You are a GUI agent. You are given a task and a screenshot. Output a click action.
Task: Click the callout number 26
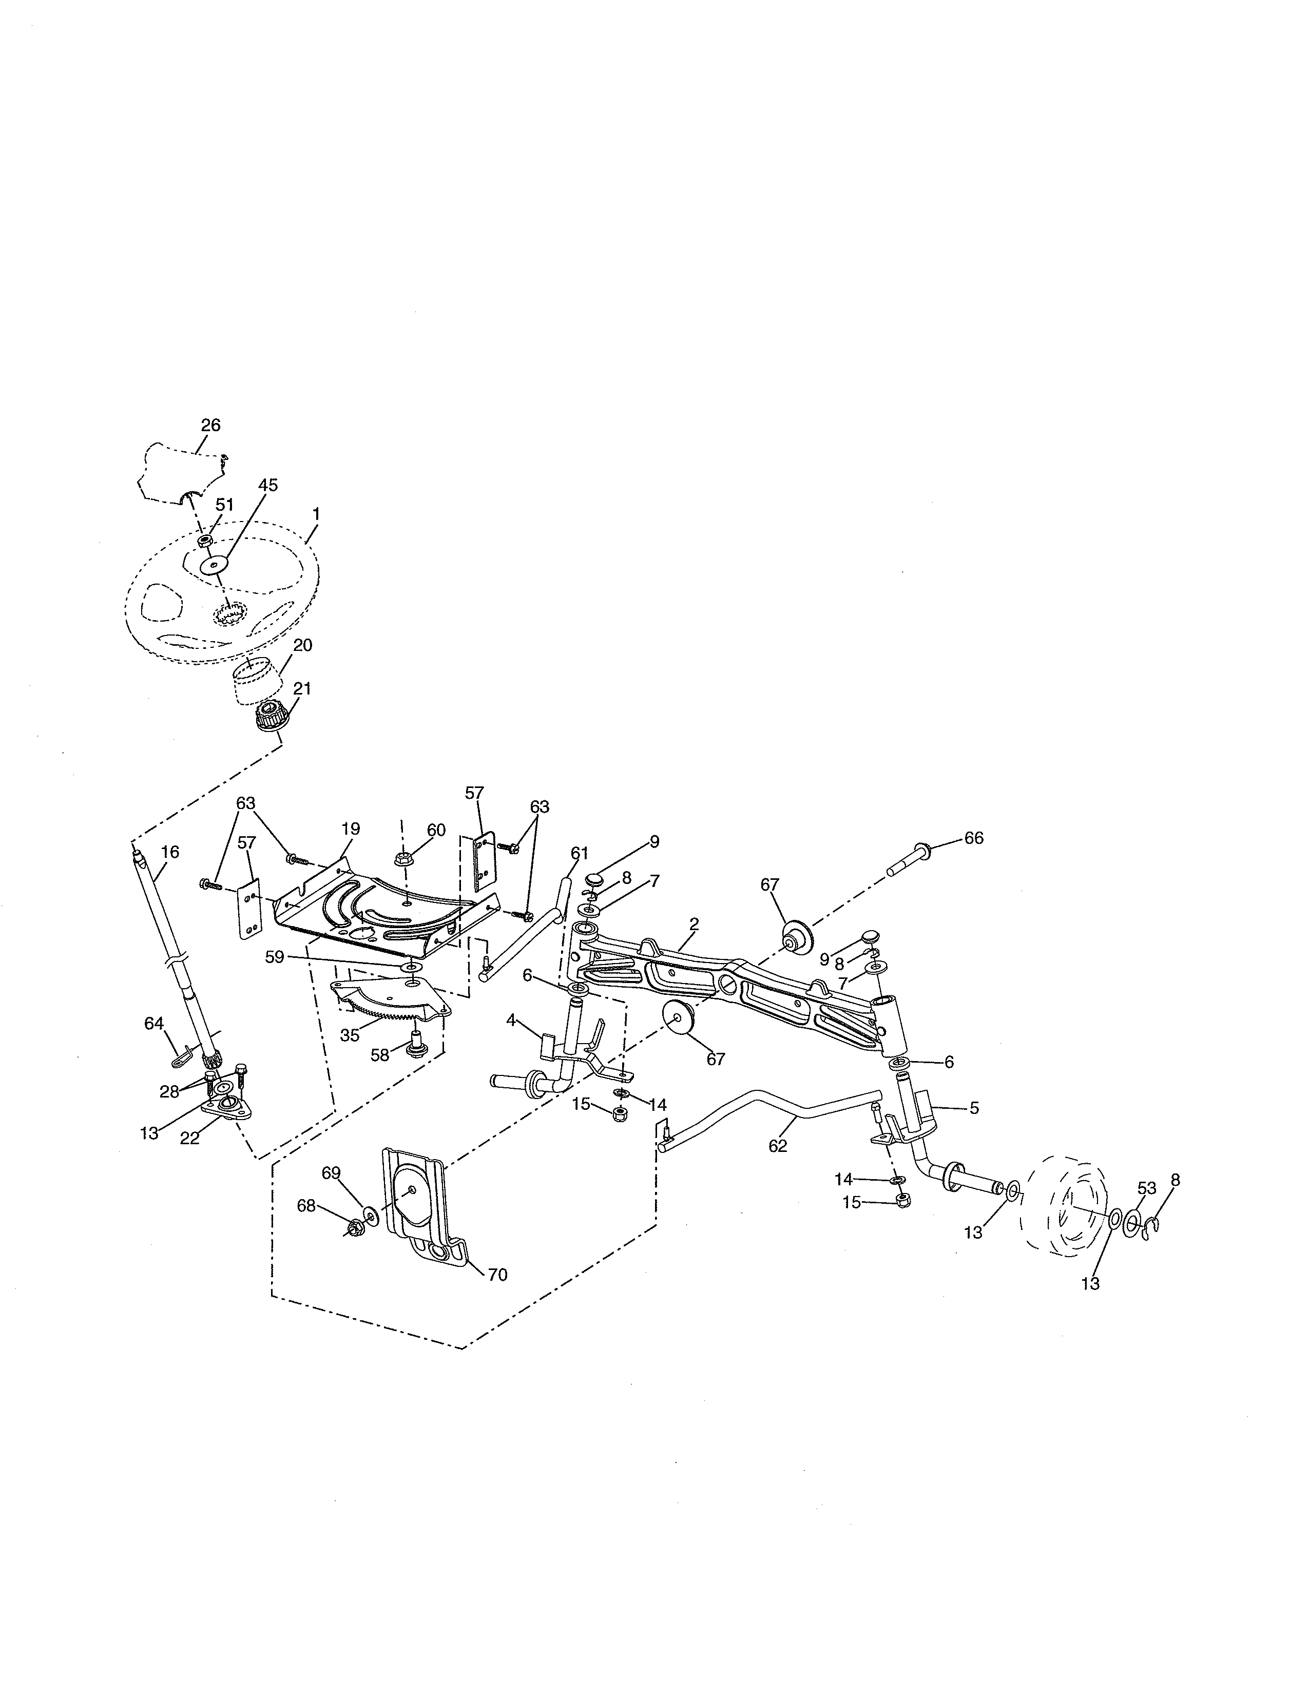click(210, 425)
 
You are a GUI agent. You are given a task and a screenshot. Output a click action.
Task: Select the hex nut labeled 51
click(205, 541)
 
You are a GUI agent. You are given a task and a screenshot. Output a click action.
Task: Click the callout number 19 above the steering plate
click(351, 829)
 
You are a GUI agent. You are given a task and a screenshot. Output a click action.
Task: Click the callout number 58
click(379, 1055)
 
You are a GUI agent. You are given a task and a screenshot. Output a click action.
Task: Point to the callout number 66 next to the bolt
click(973, 838)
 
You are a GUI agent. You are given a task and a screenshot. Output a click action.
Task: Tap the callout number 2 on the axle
click(694, 924)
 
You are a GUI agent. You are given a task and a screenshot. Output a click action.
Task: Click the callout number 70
click(497, 1275)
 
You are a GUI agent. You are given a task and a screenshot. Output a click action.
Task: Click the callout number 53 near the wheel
click(1146, 1188)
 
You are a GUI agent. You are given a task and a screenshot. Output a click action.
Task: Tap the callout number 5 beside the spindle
click(973, 1108)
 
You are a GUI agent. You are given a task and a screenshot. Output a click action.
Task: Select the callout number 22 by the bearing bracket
click(190, 1138)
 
